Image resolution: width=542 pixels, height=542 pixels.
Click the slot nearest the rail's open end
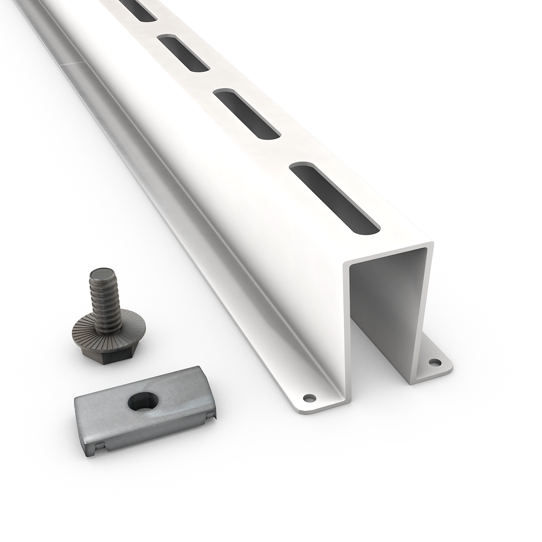(x=335, y=199)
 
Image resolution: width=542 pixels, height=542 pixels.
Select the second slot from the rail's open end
(x=247, y=114)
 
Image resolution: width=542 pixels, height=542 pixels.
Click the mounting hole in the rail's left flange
(x=310, y=398)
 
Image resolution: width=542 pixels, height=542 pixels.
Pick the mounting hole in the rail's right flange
(x=435, y=362)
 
